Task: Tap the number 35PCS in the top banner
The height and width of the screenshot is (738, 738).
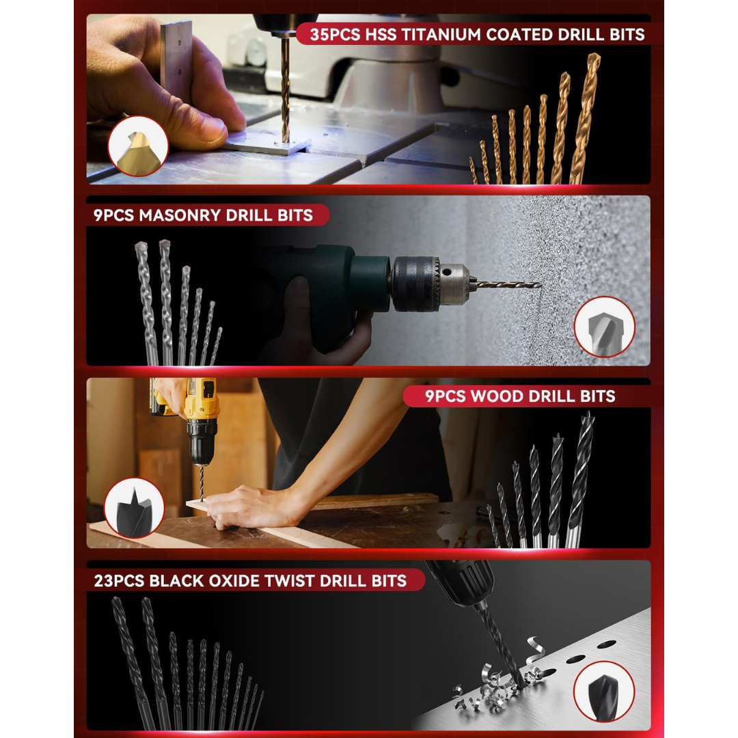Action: [335, 35]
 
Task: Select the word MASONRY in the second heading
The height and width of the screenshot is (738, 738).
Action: [180, 215]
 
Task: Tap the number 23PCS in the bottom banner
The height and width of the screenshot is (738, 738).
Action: [119, 581]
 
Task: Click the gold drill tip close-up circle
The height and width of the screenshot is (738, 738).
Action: [138, 146]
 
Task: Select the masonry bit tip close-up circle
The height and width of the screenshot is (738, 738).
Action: [604, 327]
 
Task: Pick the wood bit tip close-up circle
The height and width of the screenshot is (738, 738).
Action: [134, 508]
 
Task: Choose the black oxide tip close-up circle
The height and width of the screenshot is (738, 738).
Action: [604, 692]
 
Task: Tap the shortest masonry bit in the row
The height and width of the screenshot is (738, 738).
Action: [216, 346]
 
